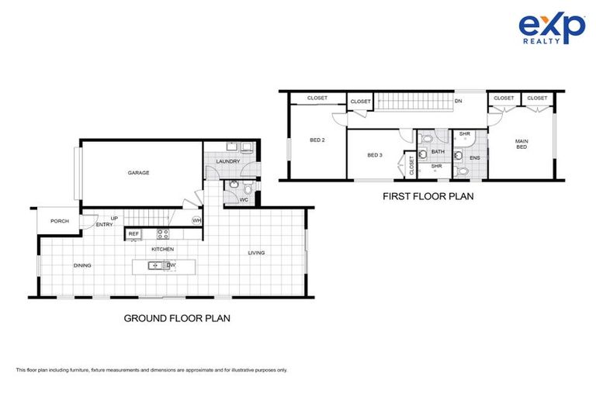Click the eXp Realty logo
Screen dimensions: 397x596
point(552,29)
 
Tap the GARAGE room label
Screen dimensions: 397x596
point(139,173)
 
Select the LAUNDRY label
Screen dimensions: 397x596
point(227,161)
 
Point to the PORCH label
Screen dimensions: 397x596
point(61,221)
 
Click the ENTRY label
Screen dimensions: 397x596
point(104,225)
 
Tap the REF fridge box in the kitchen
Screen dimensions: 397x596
point(133,233)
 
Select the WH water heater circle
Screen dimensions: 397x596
point(197,221)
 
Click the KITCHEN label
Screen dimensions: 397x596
point(162,249)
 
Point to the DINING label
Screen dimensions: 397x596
point(82,265)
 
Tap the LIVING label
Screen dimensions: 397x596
point(256,253)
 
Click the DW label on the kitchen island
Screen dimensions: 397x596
point(172,265)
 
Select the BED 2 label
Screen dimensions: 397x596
point(317,140)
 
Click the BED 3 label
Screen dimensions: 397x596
point(374,155)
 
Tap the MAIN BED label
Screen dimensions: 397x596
point(522,145)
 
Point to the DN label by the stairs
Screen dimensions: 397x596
point(459,101)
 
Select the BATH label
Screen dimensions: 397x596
point(438,152)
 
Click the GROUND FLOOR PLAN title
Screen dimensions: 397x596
point(177,318)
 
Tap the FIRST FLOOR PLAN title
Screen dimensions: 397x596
point(428,197)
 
